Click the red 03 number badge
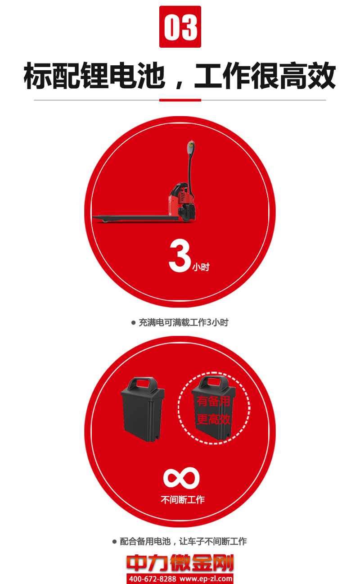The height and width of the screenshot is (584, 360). coord(180,27)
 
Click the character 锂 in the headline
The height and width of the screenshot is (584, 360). coord(94,76)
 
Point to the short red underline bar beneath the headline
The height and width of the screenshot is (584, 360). coord(180,100)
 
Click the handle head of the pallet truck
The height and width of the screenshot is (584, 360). coord(191,147)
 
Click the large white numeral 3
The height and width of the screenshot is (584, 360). coord(180,256)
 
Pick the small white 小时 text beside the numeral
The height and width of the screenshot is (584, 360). coord(201,267)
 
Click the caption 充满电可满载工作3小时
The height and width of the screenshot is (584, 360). coord(184,322)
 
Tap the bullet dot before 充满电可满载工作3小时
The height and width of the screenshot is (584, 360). coord(133,323)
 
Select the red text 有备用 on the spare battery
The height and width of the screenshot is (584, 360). coord(213,401)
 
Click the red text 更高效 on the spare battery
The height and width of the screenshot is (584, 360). coord(213,419)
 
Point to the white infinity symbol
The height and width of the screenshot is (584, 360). coord(181,478)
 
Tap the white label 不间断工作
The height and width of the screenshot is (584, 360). coord(183,500)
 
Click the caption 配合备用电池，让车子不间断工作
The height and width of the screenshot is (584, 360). coord(183,542)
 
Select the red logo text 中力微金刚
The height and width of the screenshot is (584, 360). coord(180,563)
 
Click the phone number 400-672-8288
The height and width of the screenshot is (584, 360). coord(153,579)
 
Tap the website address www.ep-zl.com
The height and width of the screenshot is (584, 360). coord(206,579)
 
